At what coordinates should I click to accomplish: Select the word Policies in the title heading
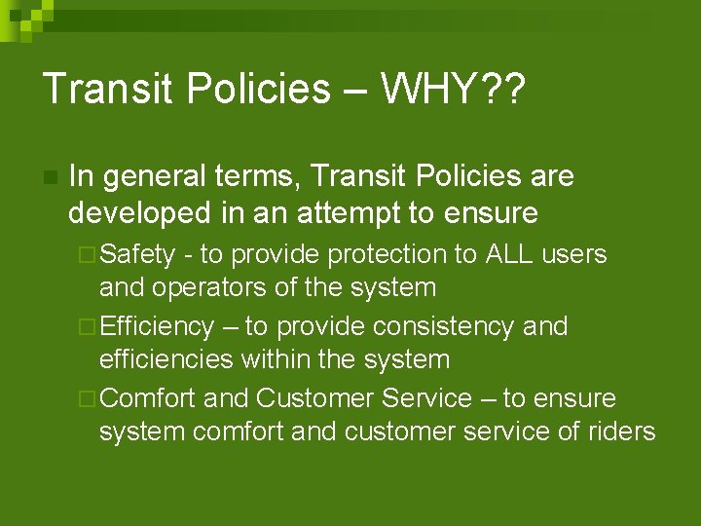point(255,89)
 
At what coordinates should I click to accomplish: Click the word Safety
point(137,254)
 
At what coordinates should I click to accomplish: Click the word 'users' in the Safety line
point(573,254)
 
